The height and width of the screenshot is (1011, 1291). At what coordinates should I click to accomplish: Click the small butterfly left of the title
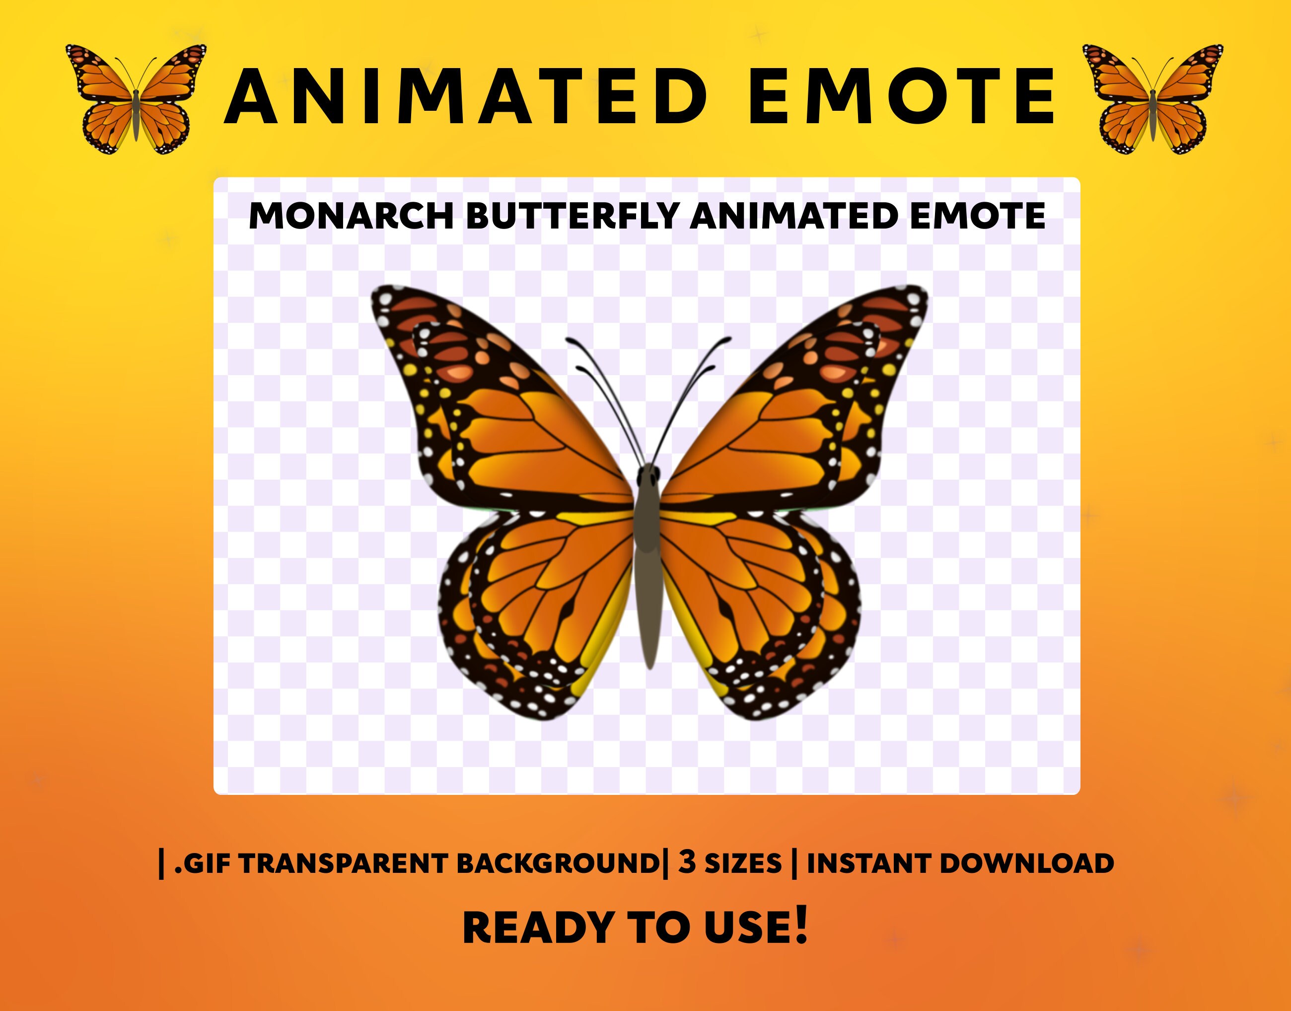(x=136, y=99)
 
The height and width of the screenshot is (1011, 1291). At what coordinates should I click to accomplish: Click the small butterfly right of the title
(x=1152, y=99)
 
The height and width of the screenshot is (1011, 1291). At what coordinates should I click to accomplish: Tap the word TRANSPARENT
(x=344, y=863)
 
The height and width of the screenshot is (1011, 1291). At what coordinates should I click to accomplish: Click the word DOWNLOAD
(x=1026, y=863)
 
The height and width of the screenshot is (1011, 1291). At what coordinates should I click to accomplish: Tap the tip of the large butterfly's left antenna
(x=569, y=340)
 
